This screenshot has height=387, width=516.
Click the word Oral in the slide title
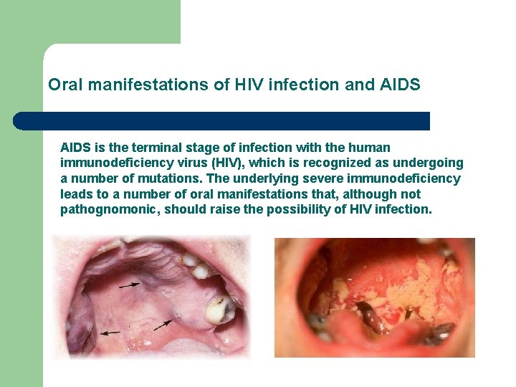point(63,85)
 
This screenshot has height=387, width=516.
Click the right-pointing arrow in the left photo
point(130,285)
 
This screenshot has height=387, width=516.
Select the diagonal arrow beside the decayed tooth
point(163,324)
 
